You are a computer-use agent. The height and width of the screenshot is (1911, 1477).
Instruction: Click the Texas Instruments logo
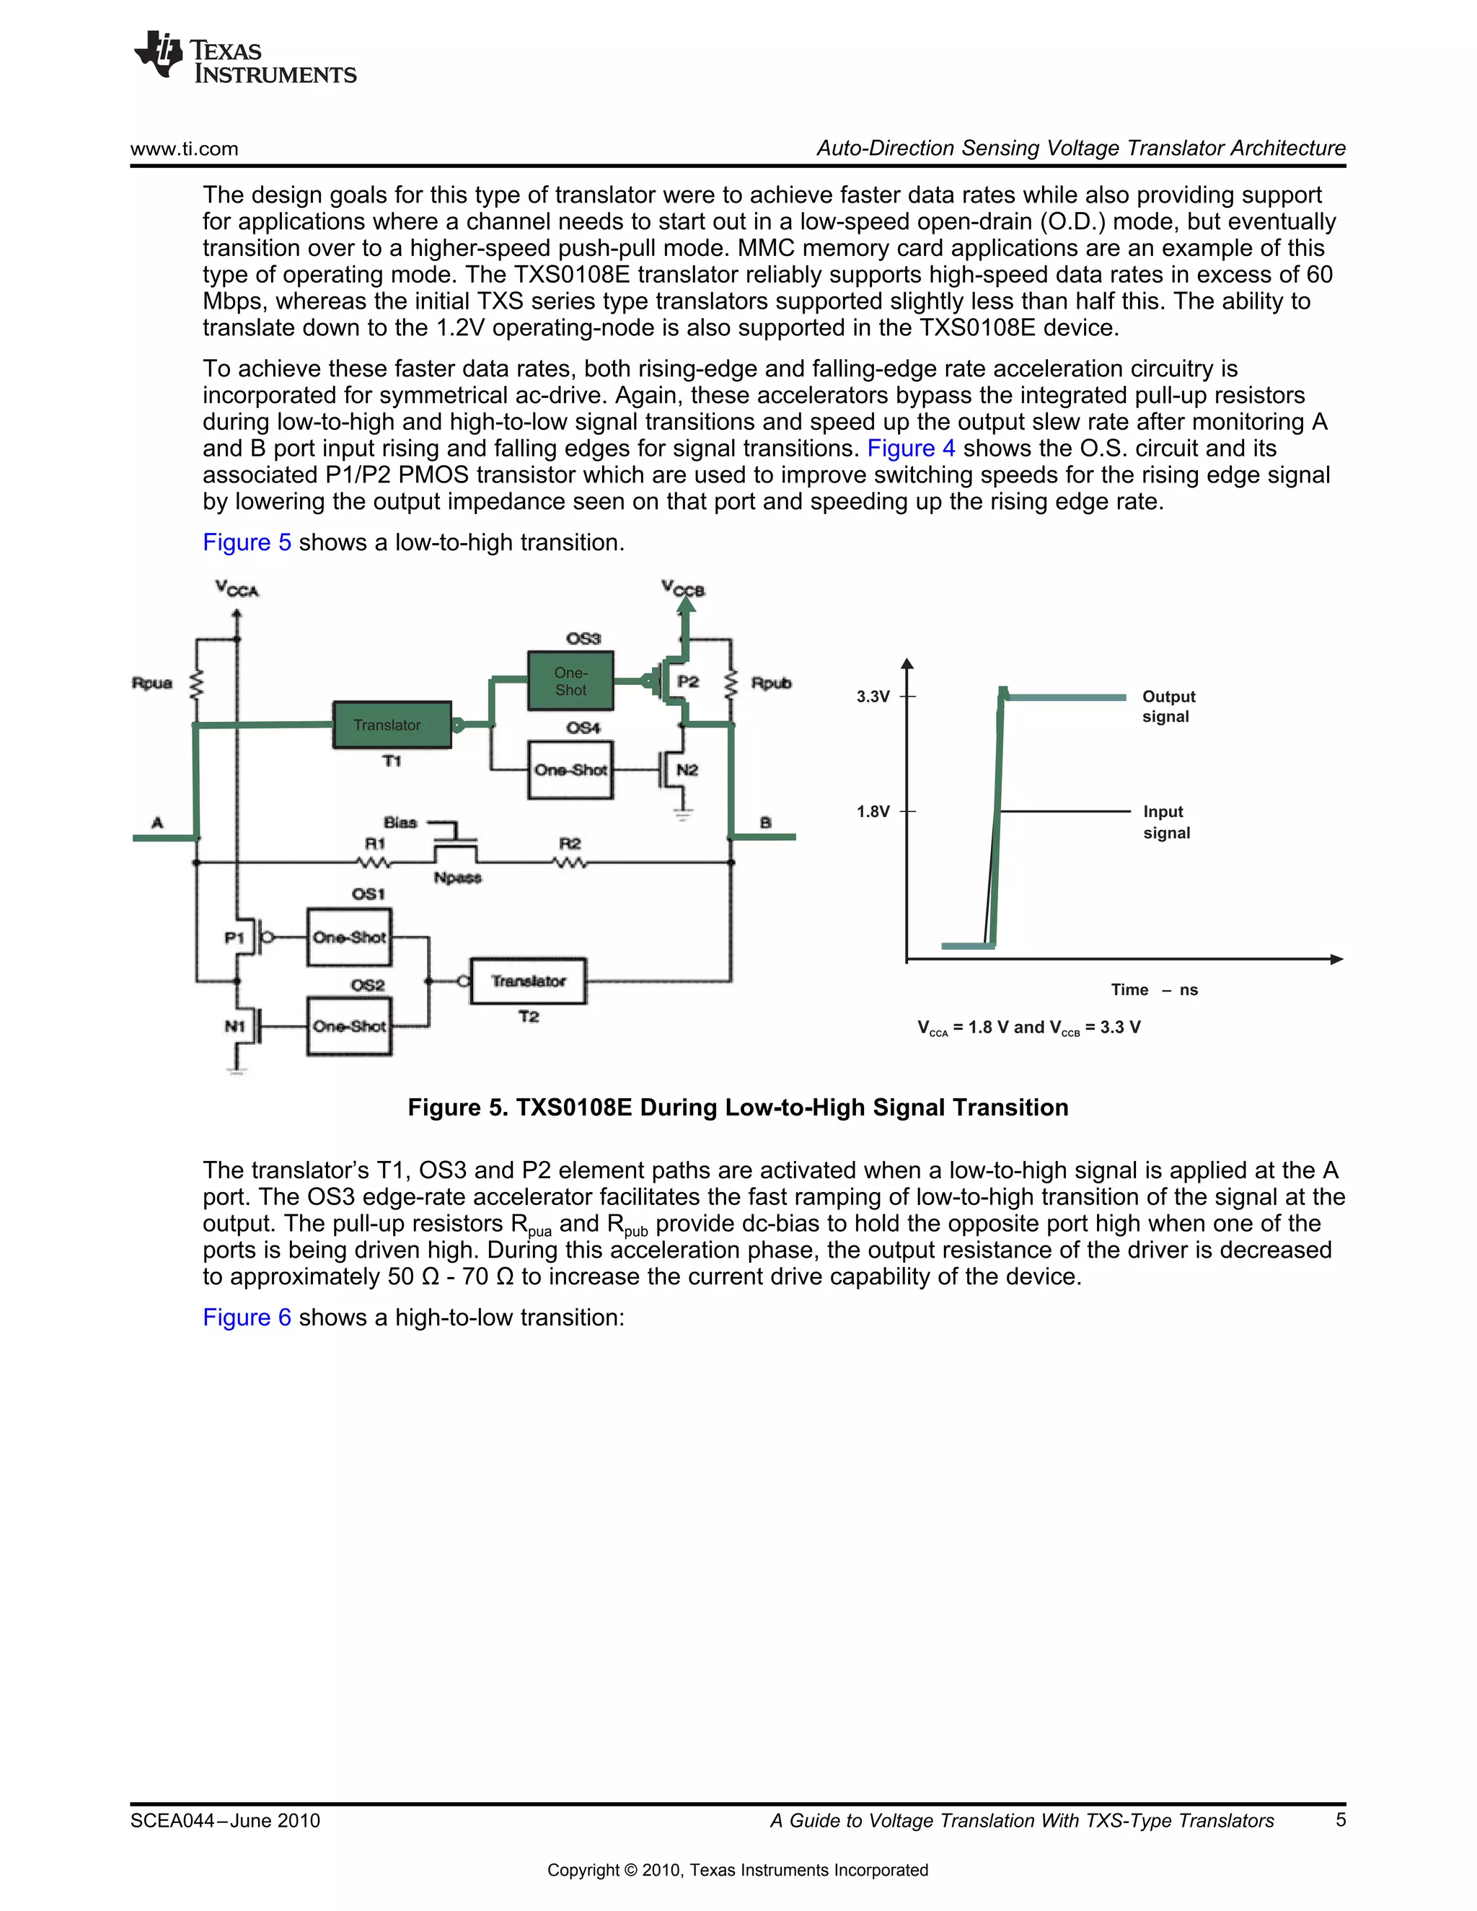[x=244, y=58]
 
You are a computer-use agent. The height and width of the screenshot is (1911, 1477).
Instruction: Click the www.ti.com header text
[x=184, y=149]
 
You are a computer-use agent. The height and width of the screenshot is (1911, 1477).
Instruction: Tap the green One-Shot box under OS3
[x=570, y=681]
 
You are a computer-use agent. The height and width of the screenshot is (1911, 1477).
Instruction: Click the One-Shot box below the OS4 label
[x=570, y=770]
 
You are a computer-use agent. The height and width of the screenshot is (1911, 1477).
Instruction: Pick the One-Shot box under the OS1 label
[x=349, y=937]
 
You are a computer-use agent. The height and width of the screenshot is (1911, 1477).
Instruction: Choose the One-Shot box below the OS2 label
[x=349, y=1026]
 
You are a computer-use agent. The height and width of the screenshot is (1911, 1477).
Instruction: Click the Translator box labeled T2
[x=529, y=981]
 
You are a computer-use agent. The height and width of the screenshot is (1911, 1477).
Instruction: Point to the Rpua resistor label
[x=151, y=682]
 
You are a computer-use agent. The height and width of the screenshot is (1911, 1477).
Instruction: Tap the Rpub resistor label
[x=771, y=682]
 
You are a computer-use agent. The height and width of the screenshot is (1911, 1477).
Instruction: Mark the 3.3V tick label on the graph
[x=873, y=697]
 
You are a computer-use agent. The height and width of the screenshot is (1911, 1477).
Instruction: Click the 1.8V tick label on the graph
[x=873, y=811]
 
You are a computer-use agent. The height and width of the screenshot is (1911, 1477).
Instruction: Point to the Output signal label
[x=1168, y=706]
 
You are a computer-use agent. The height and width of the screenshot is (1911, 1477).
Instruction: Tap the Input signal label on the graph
[x=1166, y=821]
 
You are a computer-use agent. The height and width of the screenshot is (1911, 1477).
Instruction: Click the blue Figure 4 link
[x=910, y=448]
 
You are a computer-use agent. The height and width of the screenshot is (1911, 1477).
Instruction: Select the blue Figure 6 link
[x=247, y=1317]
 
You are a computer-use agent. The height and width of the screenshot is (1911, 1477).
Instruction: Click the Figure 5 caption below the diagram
[x=738, y=1107]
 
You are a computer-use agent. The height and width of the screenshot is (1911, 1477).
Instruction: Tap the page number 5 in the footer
[x=1340, y=1820]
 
